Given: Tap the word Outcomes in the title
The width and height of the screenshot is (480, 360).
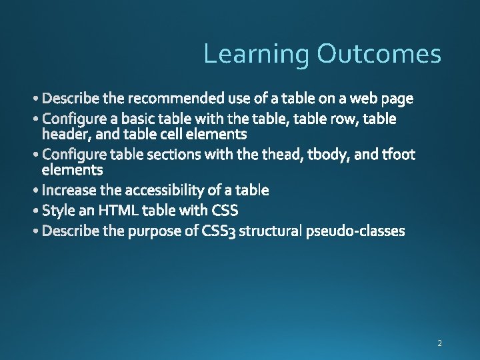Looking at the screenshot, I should [x=379, y=53].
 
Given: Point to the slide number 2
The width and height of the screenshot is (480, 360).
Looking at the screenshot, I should [x=439, y=343].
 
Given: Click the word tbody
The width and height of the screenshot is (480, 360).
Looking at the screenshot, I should [x=327, y=155].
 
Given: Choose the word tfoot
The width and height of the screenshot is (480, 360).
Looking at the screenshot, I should [x=398, y=155].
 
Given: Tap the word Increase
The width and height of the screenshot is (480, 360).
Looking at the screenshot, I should [x=69, y=191].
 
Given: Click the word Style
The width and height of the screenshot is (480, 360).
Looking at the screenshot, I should [x=58, y=211].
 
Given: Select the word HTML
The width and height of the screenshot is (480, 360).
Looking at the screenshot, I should [x=118, y=211].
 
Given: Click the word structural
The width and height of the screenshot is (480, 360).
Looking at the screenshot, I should [x=270, y=231].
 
